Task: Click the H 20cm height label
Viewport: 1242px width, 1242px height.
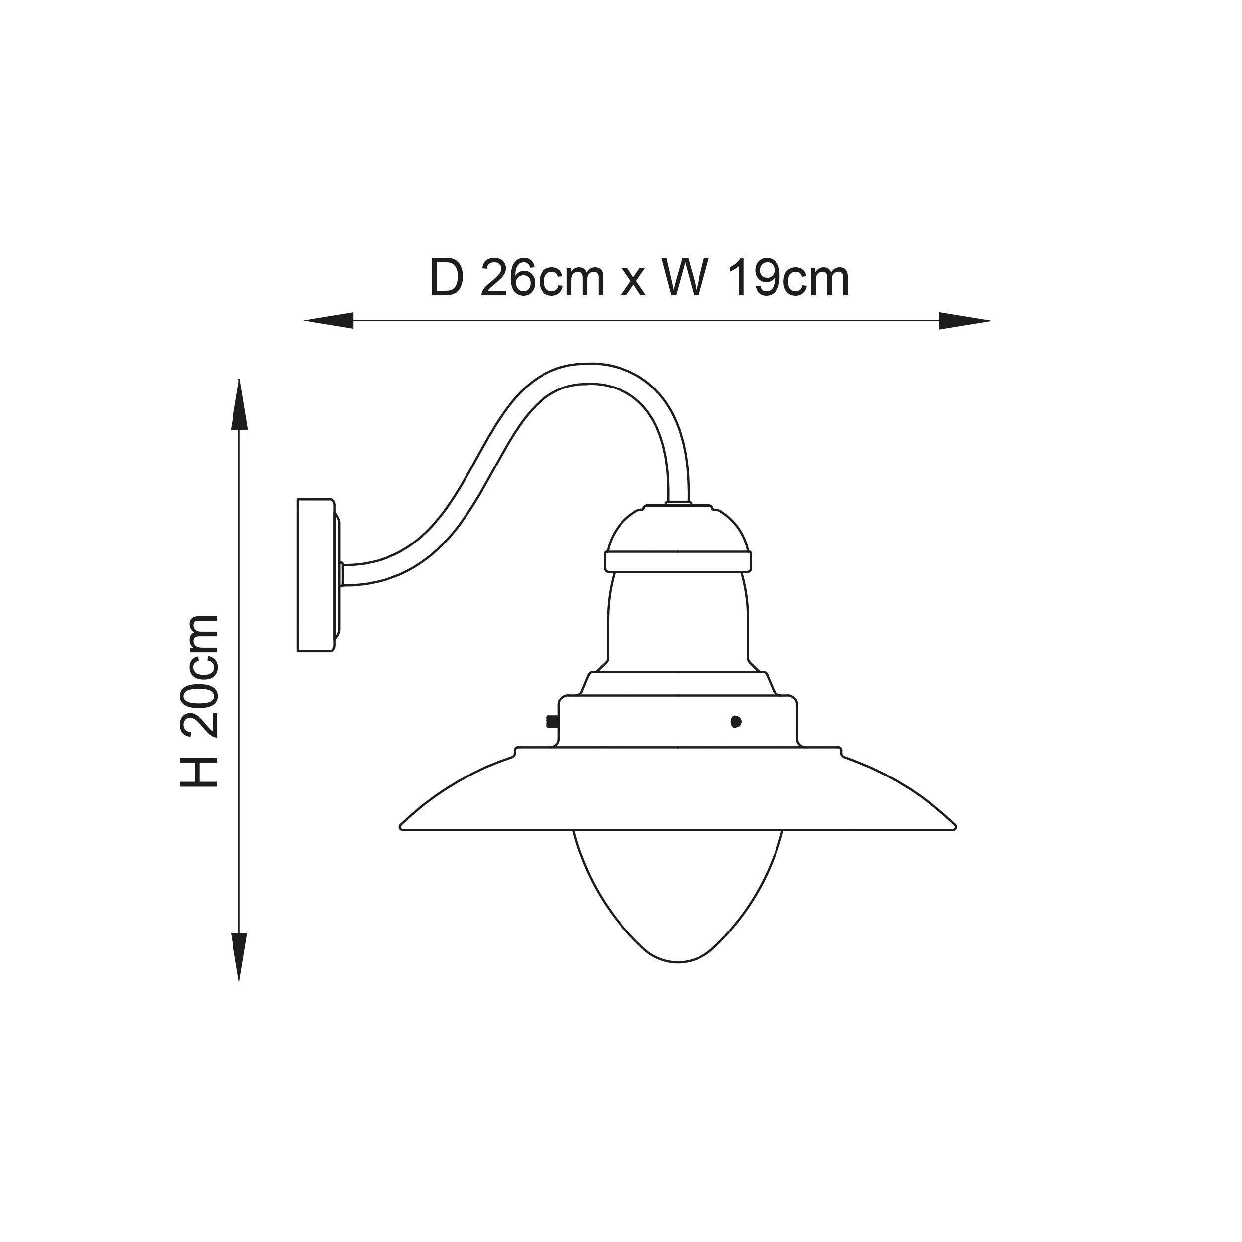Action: [199, 700]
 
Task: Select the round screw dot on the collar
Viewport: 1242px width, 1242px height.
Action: [736, 722]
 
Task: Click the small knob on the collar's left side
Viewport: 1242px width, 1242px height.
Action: [551, 722]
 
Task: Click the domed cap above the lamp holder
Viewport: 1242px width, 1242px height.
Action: [678, 531]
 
